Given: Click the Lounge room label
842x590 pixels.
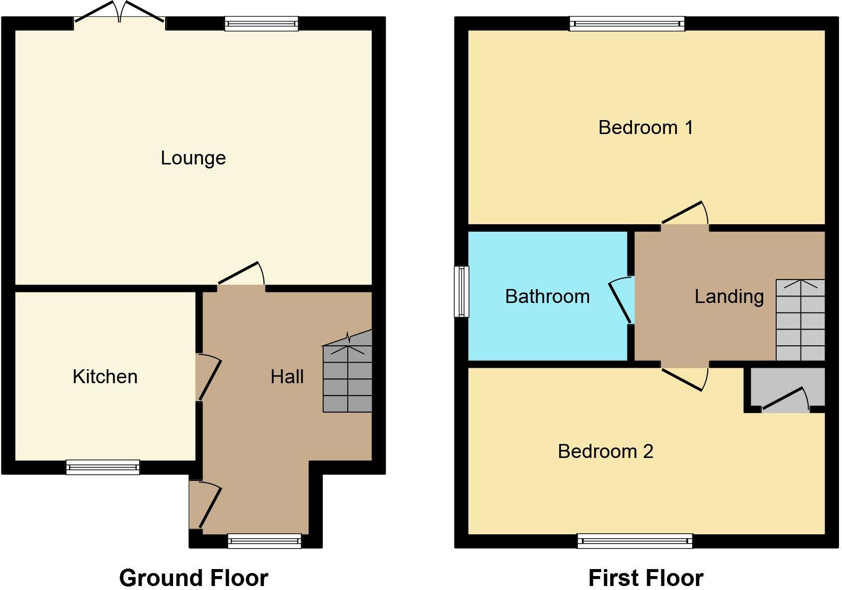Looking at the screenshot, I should tap(193, 158).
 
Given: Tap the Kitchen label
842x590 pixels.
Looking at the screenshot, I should tap(105, 377).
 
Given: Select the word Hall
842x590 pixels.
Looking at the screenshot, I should tap(287, 377).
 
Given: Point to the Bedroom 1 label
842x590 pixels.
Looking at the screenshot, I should tap(645, 128).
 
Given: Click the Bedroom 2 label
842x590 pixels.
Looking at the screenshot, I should tap(605, 451).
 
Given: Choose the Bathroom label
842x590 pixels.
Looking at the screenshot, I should tap(547, 296).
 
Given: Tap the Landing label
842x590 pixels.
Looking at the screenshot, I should tap(729, 296).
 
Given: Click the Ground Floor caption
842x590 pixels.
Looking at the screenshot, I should tap(194, 578).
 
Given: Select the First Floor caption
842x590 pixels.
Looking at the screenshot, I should tap(645, 578).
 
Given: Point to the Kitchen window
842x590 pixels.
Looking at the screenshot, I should tap(103, 467).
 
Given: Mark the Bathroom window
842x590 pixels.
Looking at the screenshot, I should tap(461, 292).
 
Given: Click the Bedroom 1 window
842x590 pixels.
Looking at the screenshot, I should tap(627, 23).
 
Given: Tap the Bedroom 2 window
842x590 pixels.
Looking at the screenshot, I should tap(634, 541).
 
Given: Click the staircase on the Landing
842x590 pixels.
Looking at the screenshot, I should tap(800, 320).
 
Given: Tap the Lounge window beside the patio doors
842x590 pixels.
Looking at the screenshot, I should tap(261, 23).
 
